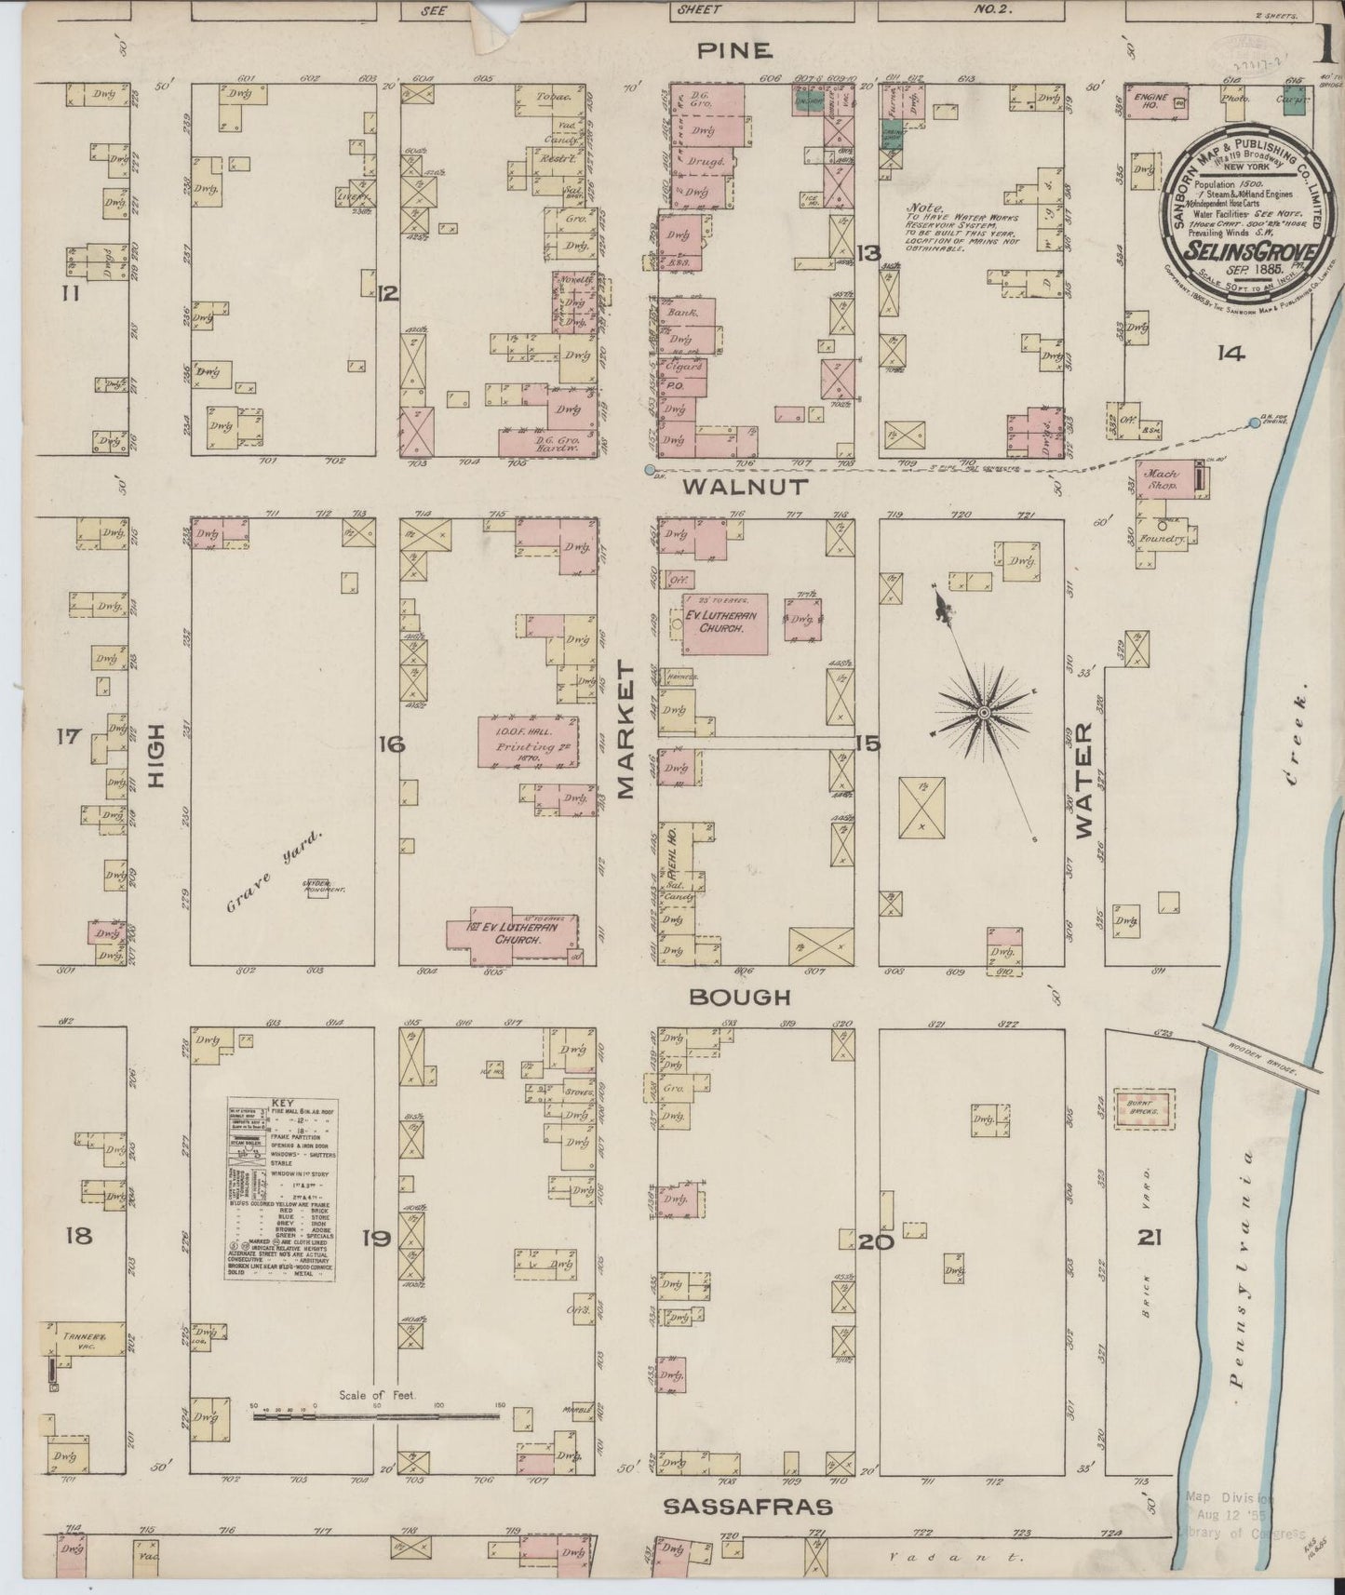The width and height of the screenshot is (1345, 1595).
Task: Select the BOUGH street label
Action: tap(740, 997)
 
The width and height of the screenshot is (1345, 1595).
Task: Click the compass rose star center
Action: tap(982, 713)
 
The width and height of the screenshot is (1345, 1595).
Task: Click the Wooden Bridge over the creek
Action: tap(1262, 1058)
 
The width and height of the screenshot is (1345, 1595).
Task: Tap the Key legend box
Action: tap(281, 1188)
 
